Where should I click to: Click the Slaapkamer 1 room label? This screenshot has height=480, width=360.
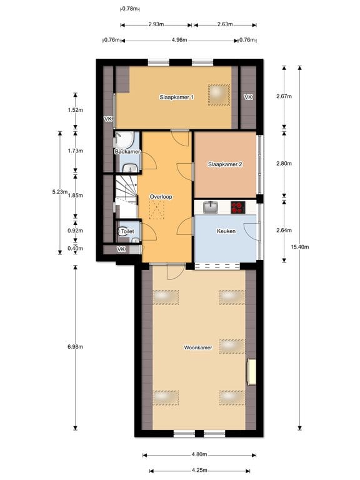[x=177, y=97]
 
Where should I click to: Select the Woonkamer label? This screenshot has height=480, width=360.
[x=197, y=346]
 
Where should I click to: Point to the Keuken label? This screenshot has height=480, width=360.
[x=225, y=231]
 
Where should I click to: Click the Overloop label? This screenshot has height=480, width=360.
[x=161, y=196]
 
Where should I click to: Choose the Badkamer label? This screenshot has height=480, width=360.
[x=127, y=152]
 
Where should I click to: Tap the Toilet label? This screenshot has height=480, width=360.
[x=127, y=231]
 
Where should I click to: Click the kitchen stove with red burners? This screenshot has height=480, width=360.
[x=238, y=206]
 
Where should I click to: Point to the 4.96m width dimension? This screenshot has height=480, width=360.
[x=179, y=41]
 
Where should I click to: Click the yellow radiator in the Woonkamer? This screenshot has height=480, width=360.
[x=251, y=372]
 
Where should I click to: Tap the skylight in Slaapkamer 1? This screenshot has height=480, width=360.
[x=219, y=92]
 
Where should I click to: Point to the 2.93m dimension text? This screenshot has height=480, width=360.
[x=156, y=25]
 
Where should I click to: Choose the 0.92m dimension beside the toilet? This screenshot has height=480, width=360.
[x=75, y=230]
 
